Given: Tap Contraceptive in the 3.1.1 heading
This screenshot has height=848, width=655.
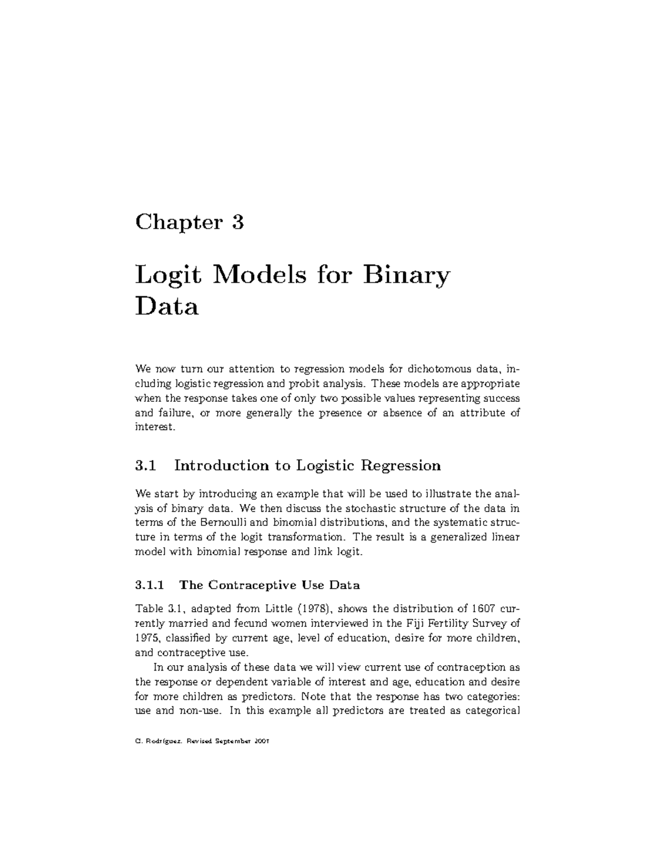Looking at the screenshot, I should (248, 585).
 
